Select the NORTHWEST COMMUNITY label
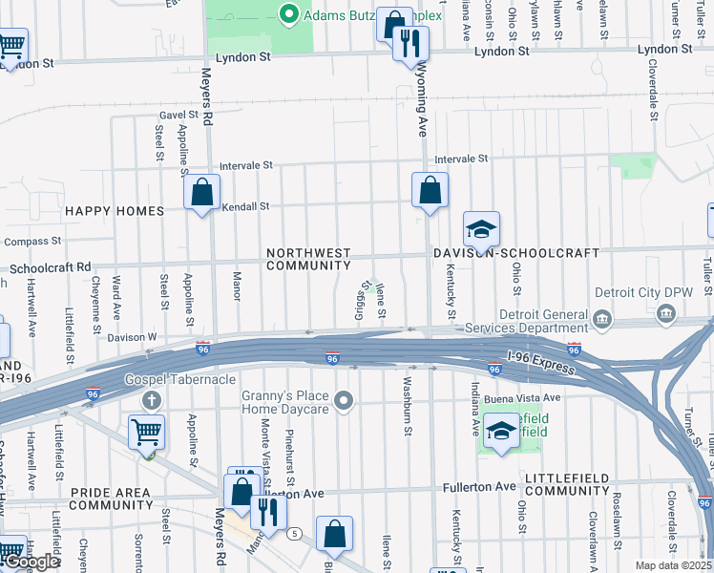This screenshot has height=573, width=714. point(308,259)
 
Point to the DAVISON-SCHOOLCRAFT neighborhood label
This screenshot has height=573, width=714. point(515,253)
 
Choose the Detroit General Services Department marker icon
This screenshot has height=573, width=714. point(602,317)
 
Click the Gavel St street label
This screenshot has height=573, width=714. point(177,115)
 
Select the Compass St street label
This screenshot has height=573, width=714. point(33,241)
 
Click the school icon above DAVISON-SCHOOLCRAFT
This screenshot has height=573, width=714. point(482,229)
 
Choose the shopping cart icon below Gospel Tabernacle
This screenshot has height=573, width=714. point(146,432)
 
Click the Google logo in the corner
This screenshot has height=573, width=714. point(31,562)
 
